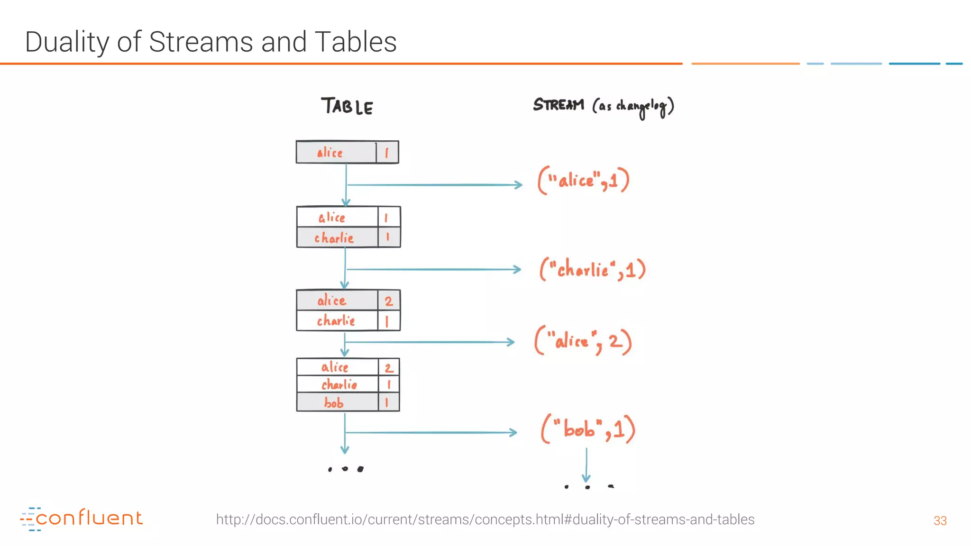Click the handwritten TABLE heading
tap(347, 106)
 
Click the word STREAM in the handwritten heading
tap(559, 104)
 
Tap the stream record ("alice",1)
tap(584, 180)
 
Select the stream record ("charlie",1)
tap(593, 269)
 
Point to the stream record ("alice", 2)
tap(583, 341)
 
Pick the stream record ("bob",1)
tap(588, 429)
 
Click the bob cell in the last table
tap(335, 403)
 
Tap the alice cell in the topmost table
tap(330, 153)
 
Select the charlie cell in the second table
tap(334, 237)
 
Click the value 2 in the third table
tap(389, 301)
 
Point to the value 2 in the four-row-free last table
tap(389, 368)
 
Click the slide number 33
tap(940, 520)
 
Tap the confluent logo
tap(82, 519)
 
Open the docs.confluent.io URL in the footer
tap(485, 519)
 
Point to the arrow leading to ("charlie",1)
tap(433, 269)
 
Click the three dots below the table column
tap(346, 469)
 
